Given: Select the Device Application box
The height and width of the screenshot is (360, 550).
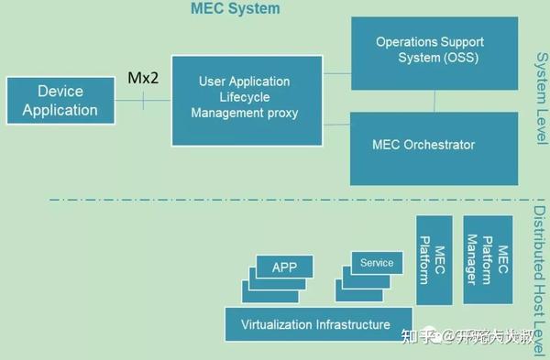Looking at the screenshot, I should [x=60, y=101].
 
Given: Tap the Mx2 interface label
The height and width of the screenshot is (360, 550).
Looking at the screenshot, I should [x=143, y=79].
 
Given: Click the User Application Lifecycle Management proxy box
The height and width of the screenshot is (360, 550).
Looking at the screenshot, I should [x=247, y=99].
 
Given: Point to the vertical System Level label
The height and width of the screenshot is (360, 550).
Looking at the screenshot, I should [x=540, y=97].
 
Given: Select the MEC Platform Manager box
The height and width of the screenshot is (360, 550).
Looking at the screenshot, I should [x=487, y=260].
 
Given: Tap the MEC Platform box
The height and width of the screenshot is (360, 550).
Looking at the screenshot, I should [x=433, y=260].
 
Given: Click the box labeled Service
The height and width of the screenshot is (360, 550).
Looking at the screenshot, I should [x=376, y=263].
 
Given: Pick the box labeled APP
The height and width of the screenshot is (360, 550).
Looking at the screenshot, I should [x=284, y=267].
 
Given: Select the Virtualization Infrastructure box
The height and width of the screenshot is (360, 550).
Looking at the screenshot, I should [x=314, y=324].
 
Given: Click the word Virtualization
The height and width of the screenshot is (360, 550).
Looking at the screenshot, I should [x=276, y=324].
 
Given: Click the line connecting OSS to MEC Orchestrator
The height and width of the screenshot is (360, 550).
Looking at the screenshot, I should [x=434, y=102].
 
